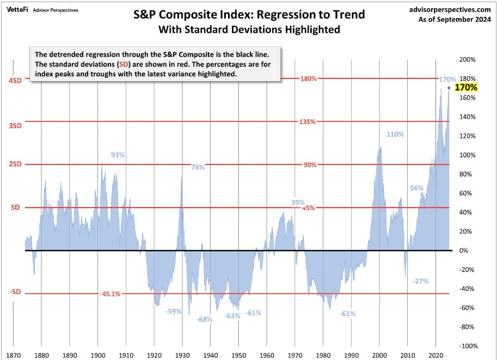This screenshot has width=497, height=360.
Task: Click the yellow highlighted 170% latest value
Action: pyautogui.click(x=466, y=87)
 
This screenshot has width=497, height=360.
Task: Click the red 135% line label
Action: pyautogui.click(x=308, y=121)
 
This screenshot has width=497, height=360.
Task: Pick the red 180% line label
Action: pyautogui.click(x=308, y=78)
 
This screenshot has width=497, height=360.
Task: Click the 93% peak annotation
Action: pyautogui.click(x=118, y=155)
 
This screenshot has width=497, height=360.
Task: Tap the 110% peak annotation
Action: pyautogui.click(x=395, y=135)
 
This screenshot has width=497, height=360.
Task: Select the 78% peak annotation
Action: pyautogui.click(x=198, y=167)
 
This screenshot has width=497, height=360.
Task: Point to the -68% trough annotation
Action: pyautogui.click(x=204, y=320)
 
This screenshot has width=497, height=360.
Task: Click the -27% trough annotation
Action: pyautogui.click(x=420, y=281)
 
